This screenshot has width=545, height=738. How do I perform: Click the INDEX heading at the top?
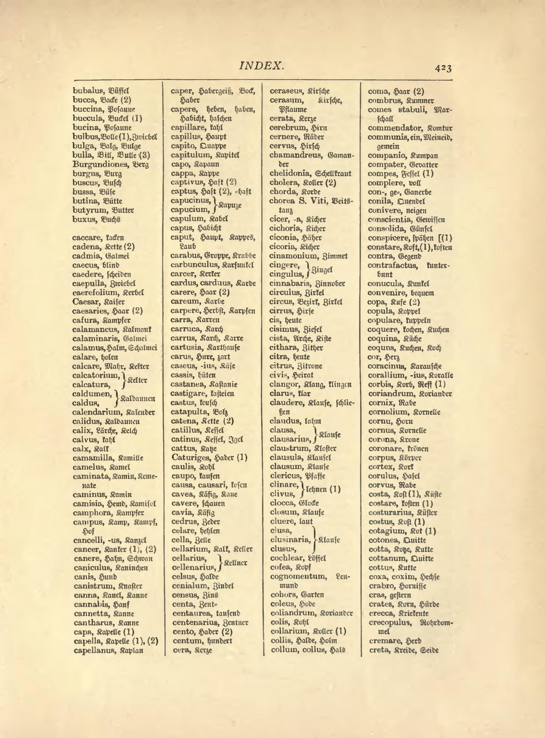pyautogui.click(x=261, y=66)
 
